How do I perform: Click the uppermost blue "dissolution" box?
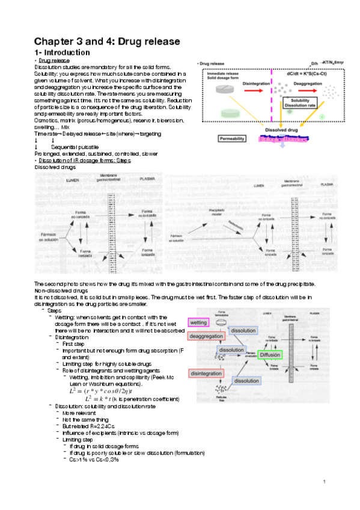(243, 331)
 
